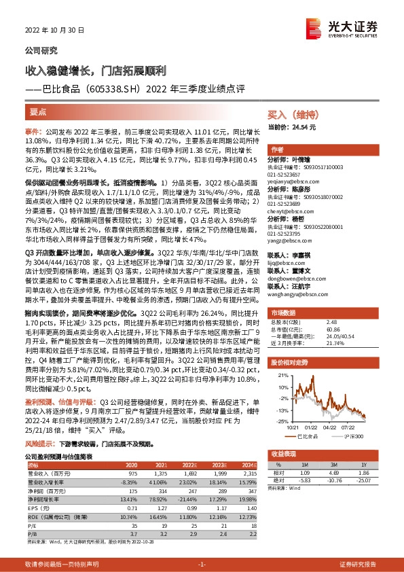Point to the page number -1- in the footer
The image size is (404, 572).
pyautogui.click(x=201, y=565)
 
